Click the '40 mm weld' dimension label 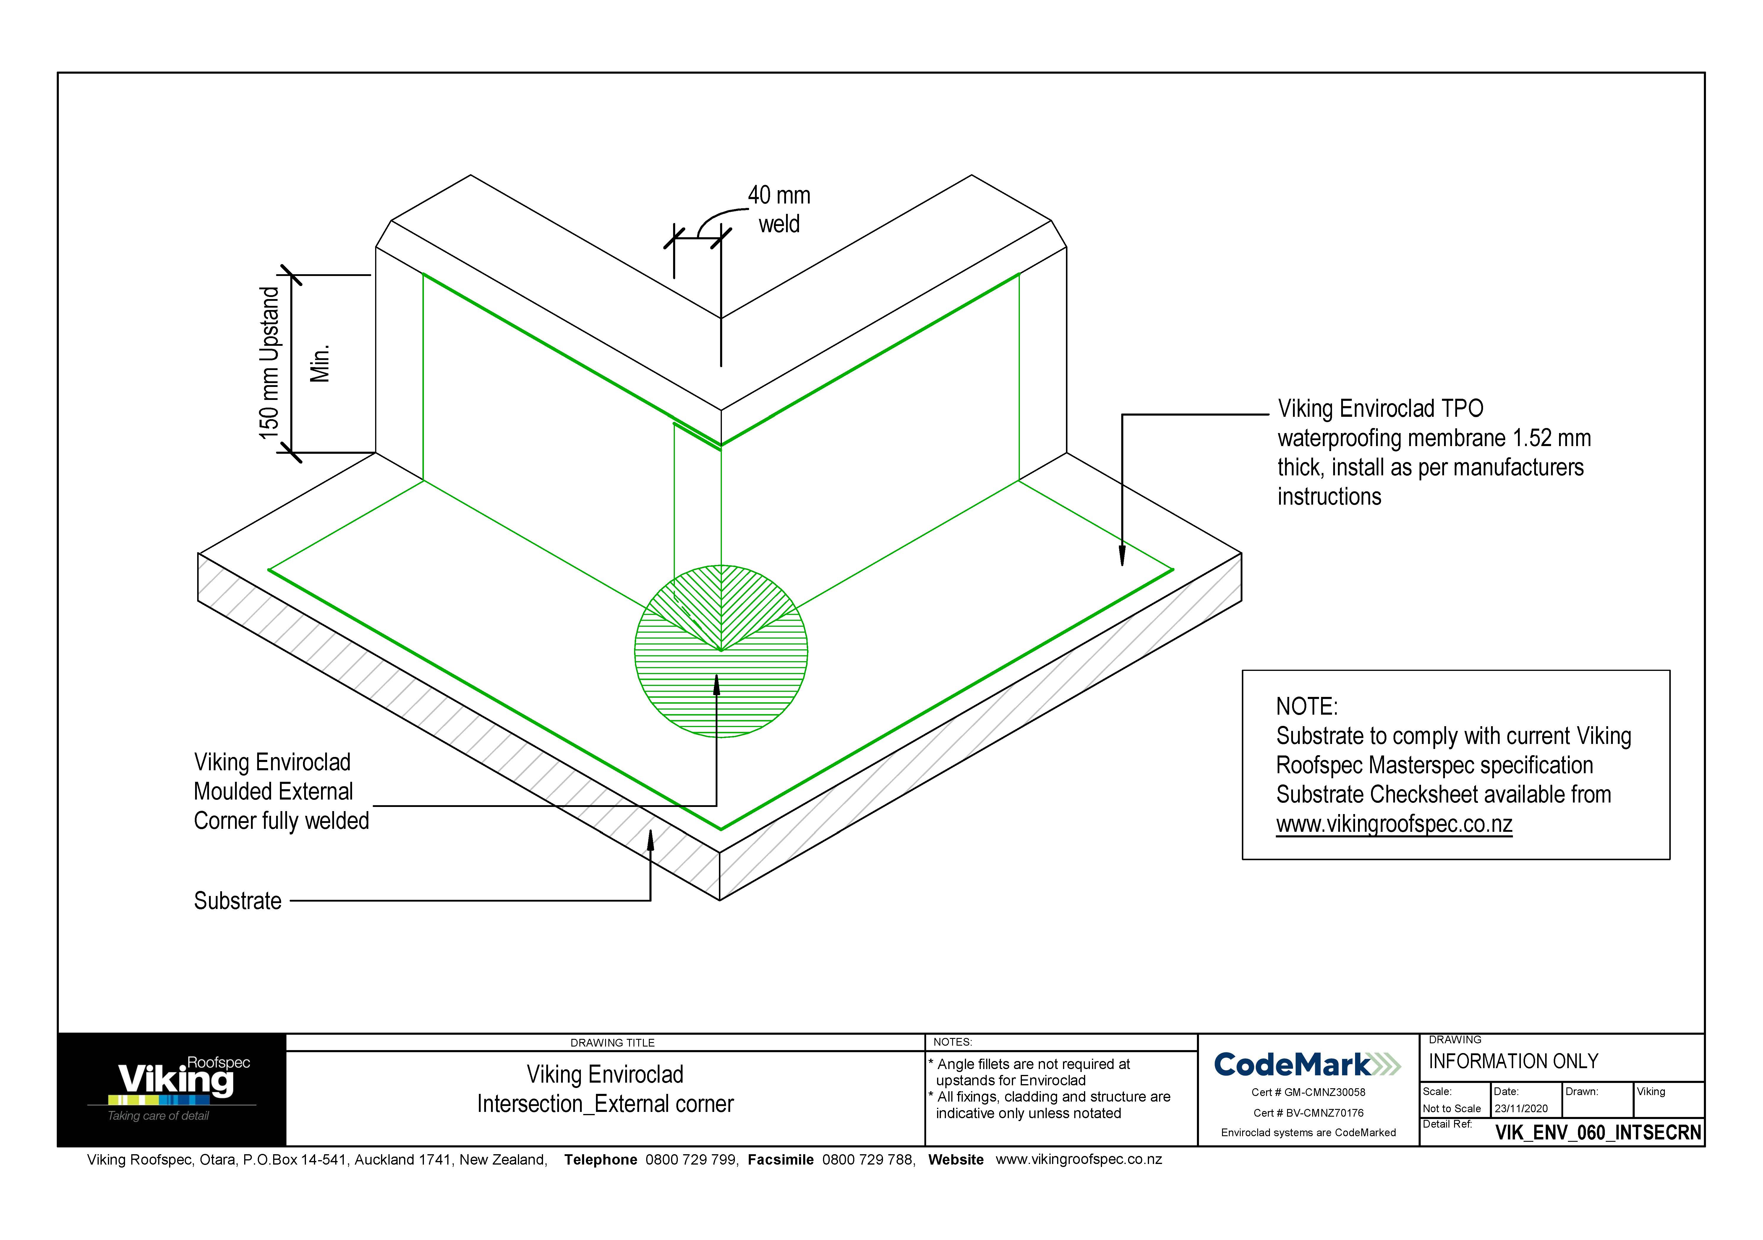click(x=779, y=210)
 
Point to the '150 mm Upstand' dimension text click(x=270, y=363)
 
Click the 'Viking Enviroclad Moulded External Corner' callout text click(x=281, y=791)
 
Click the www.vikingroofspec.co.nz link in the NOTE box click(x=1394, y=824)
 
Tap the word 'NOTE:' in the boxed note click(x=1306, y=706)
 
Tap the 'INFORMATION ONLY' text click(x=1513, y=1062)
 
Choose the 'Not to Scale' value click(x=1451, y=1109)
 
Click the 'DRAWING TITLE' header click(x=612, y=1043)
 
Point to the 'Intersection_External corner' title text click(x=605, y=1104)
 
